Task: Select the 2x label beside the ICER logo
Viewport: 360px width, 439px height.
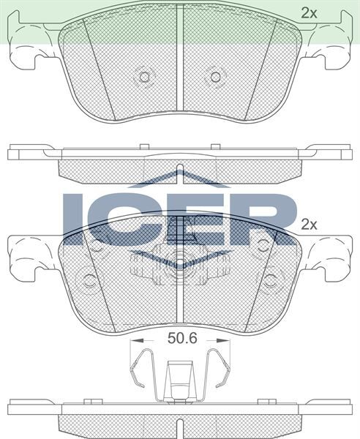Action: [310, 225]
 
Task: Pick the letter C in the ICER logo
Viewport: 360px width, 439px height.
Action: [116, 218]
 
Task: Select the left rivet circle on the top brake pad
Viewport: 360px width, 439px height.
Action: [144, 76]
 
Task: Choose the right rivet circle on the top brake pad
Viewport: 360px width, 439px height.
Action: [214, 76]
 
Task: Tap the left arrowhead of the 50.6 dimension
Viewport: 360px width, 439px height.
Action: [132, 341]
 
